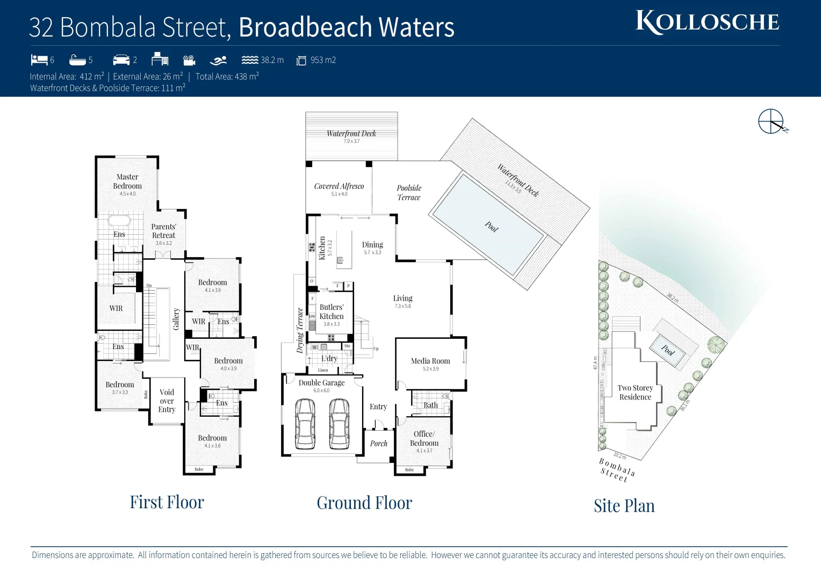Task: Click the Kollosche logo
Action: click(x=707, y=23)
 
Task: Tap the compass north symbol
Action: click(x=772, y=121)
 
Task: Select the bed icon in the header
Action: click(x=39, y=60)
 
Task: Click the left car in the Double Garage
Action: click(x=305, y=424)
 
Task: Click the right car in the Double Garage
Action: click(x=339, y=424)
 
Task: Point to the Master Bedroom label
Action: click(x=127, y=182)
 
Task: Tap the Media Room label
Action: click(x=430, y=361)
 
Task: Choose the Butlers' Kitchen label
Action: click(x=332, y=312)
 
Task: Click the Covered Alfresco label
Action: click(x=339, y=186)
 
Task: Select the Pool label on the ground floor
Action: click(x=492, y=227)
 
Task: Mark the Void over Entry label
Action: click(x=167, y=401)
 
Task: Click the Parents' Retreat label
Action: click(x=163, y=231)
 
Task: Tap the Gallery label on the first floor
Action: click(x=176, y=319)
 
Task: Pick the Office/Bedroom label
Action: click(x=424, y=438)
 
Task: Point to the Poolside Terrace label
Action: click(x=409, y=193)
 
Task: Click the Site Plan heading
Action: click(x=624, y=506)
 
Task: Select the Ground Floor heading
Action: click(x=364, y=503)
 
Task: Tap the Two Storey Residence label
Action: click(x=635, y=393)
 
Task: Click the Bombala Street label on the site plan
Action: click(x=617, y=469)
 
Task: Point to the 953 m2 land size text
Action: click(x=323, y=60)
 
